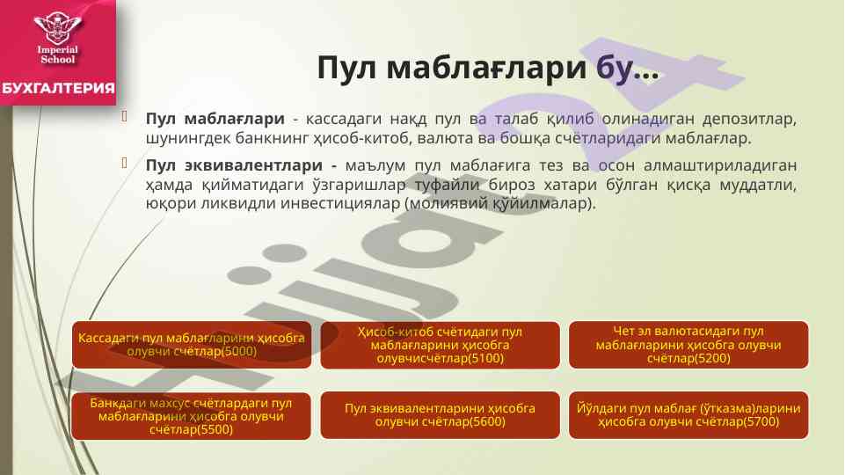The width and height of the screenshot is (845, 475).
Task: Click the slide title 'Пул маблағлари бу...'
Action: click(488, 69)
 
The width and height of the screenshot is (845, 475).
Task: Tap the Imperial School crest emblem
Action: click(58, 27)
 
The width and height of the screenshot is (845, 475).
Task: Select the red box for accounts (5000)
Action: click(192, 345)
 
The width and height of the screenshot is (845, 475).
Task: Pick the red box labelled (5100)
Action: click(440, 345)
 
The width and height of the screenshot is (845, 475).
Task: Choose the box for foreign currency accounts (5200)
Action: click(688, 345)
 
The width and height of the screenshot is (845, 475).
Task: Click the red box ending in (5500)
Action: click(192, 416)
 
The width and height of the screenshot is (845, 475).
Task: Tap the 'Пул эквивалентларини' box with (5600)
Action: click(440, 415)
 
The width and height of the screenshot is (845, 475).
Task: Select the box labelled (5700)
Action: click(688, 415)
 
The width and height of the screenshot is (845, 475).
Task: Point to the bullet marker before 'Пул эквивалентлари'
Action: click(125, 163)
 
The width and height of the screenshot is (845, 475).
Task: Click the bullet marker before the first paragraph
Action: click(125, 116)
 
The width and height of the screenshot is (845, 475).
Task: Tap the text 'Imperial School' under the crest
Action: click(58, 55)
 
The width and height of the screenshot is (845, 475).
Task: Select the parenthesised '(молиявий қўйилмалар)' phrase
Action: click(500, 204)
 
